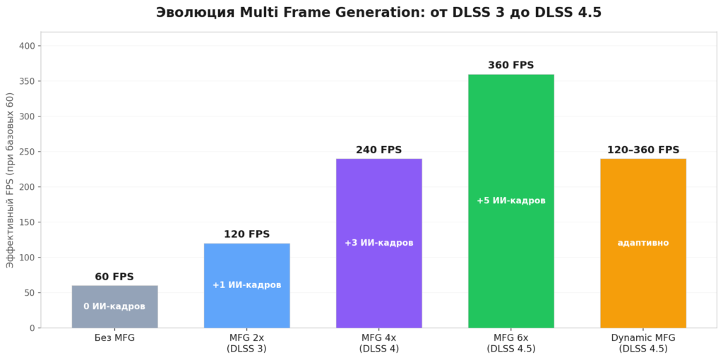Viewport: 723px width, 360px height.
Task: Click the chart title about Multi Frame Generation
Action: click(378, 13)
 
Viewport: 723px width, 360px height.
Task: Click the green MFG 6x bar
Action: click(510, 254)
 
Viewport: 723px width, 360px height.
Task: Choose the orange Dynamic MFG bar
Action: click(643, 282)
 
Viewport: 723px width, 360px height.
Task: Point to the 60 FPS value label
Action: click(114, 277)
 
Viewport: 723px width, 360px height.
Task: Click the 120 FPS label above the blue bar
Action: click(246, 234)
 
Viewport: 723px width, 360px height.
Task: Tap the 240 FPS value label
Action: click(378, 150)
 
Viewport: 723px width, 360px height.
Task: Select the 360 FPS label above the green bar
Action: click(510, 65)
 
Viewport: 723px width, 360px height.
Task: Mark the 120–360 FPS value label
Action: click(643, 150)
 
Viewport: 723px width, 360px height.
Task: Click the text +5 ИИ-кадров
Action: click(510, 200)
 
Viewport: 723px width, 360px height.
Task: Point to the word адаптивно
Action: click(643, 243)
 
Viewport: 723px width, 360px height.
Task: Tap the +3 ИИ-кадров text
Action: click(378, 243)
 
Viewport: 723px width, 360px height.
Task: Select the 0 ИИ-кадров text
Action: click(114, 306)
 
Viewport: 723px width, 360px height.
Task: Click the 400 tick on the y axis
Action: click(28, 46)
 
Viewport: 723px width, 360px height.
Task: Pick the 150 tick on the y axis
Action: click(28, 222)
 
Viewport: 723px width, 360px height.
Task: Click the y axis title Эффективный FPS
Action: click(10, 180)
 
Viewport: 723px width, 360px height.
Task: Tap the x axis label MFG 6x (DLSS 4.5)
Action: click(510, 343)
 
